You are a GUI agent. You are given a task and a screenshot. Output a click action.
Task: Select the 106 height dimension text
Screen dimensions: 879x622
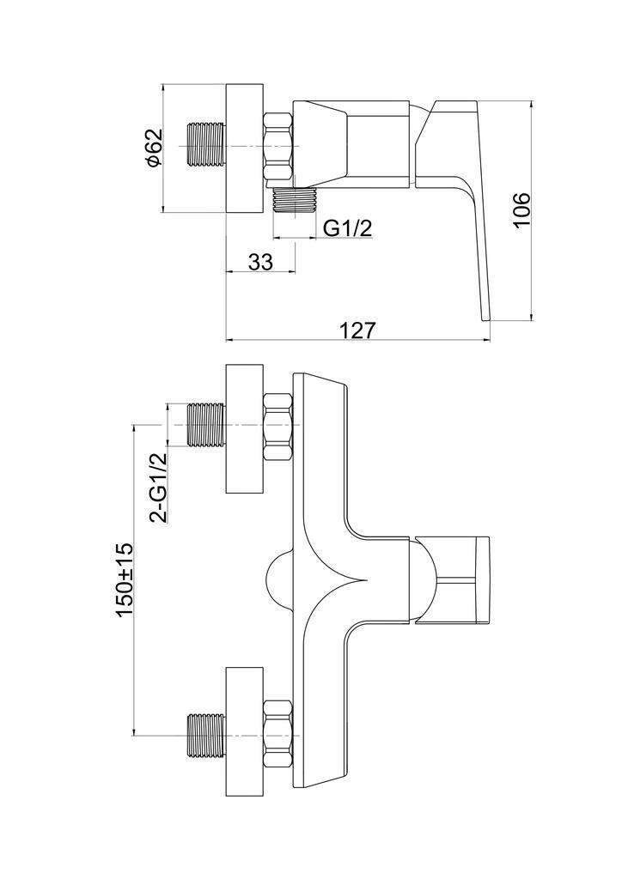coord(521,210)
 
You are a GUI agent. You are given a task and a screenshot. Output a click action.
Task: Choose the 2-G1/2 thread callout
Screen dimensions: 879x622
coord(158,488)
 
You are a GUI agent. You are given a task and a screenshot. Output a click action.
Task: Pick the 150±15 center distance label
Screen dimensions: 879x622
coord(124,579)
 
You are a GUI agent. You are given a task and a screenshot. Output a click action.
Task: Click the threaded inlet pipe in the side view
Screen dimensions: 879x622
coord(205,147)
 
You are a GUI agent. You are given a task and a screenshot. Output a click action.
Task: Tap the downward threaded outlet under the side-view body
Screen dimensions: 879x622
coord(295,203)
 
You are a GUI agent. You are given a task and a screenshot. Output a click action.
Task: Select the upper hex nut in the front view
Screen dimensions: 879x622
coord(277,427)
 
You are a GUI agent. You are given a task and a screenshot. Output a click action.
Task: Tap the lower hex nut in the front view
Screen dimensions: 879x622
coord(277,734)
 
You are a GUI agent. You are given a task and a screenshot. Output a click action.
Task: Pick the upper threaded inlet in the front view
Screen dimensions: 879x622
coord(206,425)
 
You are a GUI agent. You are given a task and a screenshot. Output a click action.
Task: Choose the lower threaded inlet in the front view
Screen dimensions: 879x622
coord(206,735)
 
